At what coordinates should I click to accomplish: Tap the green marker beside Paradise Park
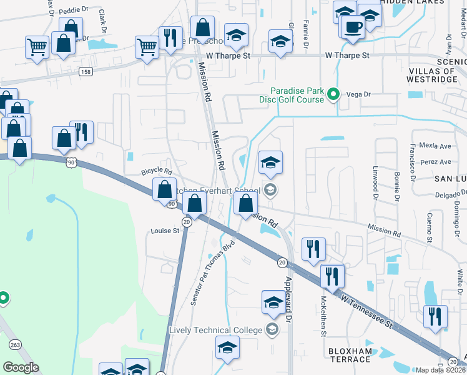click(x=334, y=95)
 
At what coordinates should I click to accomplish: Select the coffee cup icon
click(x=353, y=27)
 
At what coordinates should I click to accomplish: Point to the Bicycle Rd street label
click(x=156, y=171)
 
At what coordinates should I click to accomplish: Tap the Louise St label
click(x=165, y=231)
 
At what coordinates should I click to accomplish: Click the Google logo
click(x=21, y=367)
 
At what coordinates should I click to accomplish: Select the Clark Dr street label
click(x=101, y=21)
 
